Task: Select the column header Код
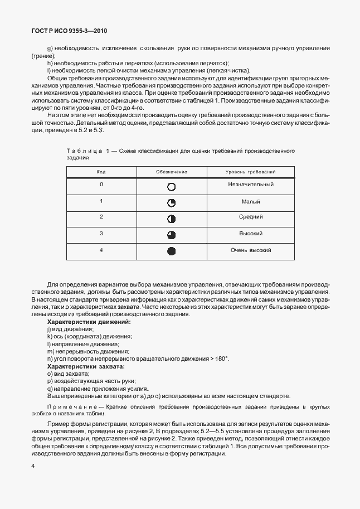click(x=101, y=172)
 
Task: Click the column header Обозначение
click(x=171, y=172)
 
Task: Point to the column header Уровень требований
click(x=251, y=172)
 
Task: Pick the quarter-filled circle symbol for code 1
click(x=172, y=203)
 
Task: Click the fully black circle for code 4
click(x=172, y=251)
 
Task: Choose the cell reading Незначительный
click(x=251, y=185)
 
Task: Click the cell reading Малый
click(x=251, y=201)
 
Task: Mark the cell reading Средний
click(x=251, y=217)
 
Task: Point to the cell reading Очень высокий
click(x=251, y=250)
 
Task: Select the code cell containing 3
click(x=101, y=233)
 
